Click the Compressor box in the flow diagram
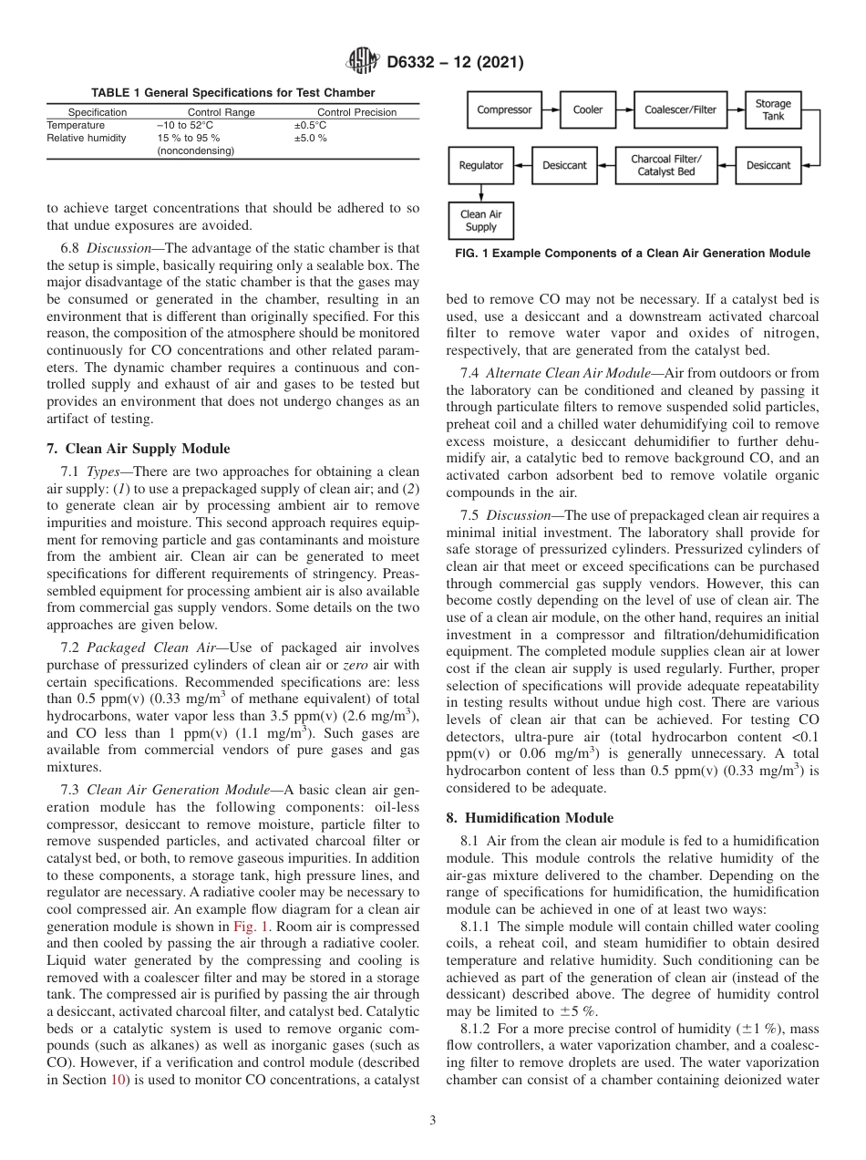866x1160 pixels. [504, 109]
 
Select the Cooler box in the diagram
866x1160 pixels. [588, 109]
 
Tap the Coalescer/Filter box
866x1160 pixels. [680, 109]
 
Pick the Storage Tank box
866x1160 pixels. [772, 109]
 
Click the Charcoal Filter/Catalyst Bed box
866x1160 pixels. [666, 165]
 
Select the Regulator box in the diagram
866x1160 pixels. [480, 165]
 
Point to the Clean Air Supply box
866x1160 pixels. [480, 221]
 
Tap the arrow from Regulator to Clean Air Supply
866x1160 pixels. [480, 192]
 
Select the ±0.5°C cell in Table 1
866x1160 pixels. [310, 125]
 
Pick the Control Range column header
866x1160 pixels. [221, 112]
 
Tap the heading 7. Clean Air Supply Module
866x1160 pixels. [139, 449]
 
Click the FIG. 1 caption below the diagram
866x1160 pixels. [633, 253]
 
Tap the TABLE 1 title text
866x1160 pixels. [232, 93]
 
